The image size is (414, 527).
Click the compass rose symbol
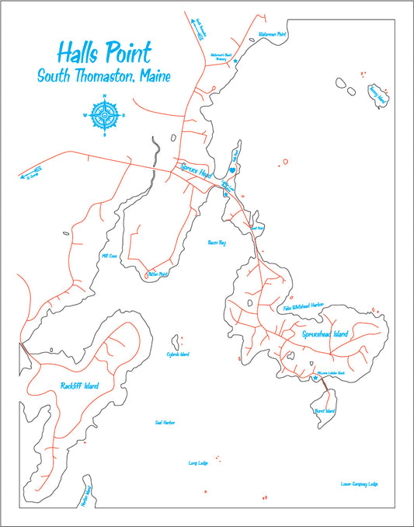[104, 115]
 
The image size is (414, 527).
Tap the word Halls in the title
[82, 52]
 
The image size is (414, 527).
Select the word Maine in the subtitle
[154, 76]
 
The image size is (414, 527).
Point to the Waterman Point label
[272, 35]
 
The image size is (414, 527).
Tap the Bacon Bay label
[217, 243]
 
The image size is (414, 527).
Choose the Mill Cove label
[108, 254]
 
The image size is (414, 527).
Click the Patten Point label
[158, 274]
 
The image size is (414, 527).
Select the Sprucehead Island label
[325, 333]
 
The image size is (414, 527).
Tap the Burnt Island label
[324, 410]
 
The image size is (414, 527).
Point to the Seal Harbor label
[165, 422]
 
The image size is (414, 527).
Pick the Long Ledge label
[197, 463]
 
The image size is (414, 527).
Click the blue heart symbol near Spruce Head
[231, 169]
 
